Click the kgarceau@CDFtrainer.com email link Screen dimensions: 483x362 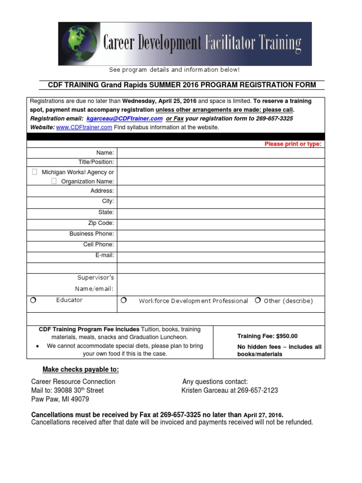tap(125, 119)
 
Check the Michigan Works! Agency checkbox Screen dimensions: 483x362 tap(34, 172)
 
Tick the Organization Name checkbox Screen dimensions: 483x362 tap(54, 181)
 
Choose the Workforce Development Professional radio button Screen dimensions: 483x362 tap(123, 300)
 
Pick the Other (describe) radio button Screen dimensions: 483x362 tap(258, 300)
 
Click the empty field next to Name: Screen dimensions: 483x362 tap(221, 153)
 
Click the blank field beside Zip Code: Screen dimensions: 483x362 tap(221, 223)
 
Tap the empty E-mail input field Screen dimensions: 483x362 tap(221, 256)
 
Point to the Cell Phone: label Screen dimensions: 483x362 tap(98, 244)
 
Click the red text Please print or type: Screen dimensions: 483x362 tap(293, 144)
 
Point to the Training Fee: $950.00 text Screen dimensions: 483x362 tap(267, 336)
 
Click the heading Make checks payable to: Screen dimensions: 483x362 tap(81, 369)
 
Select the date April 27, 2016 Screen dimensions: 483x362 tap(263, 415)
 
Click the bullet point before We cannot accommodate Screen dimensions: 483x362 tap(38, 346)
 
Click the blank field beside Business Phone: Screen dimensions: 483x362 tap(221, 234)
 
